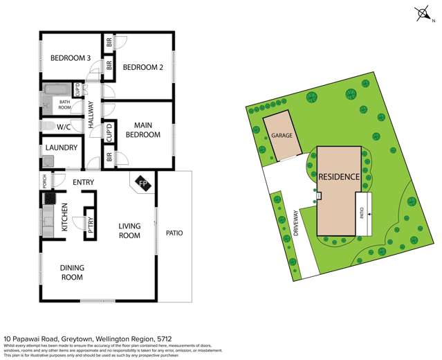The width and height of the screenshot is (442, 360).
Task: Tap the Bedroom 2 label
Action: coord(142,68)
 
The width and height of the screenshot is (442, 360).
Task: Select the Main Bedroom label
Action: coord(142,129)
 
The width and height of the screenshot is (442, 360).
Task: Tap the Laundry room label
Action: coord(62,147)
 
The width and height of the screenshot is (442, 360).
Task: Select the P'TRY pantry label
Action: coord(89,223)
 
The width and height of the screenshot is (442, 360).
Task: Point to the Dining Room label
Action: coord(71,273)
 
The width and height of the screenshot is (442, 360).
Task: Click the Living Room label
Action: coord(129,231)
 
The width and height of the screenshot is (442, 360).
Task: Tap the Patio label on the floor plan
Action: coord(174,233)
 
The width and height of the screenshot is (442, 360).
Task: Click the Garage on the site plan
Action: coord(281,136)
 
